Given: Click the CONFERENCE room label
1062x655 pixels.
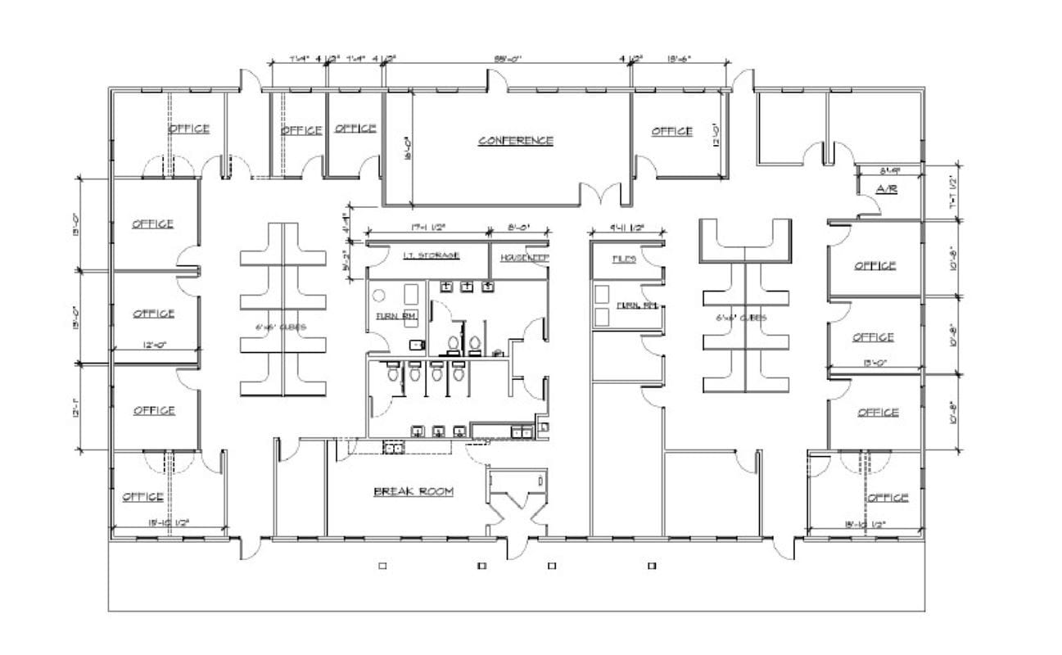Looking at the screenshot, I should coord(515,141).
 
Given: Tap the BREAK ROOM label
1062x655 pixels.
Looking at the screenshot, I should coord(414,491).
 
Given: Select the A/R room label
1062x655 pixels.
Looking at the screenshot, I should coord(888,189).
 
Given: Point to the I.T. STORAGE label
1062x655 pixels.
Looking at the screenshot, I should coord(431,255).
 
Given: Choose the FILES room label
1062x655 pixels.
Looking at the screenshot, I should coord(624,259).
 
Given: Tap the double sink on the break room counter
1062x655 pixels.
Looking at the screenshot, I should coord(393,447).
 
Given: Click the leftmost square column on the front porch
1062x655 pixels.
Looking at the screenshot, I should coord(382,565).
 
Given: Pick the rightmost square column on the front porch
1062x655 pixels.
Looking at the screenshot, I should coord(653,565).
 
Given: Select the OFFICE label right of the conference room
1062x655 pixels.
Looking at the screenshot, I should coord(671,131).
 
